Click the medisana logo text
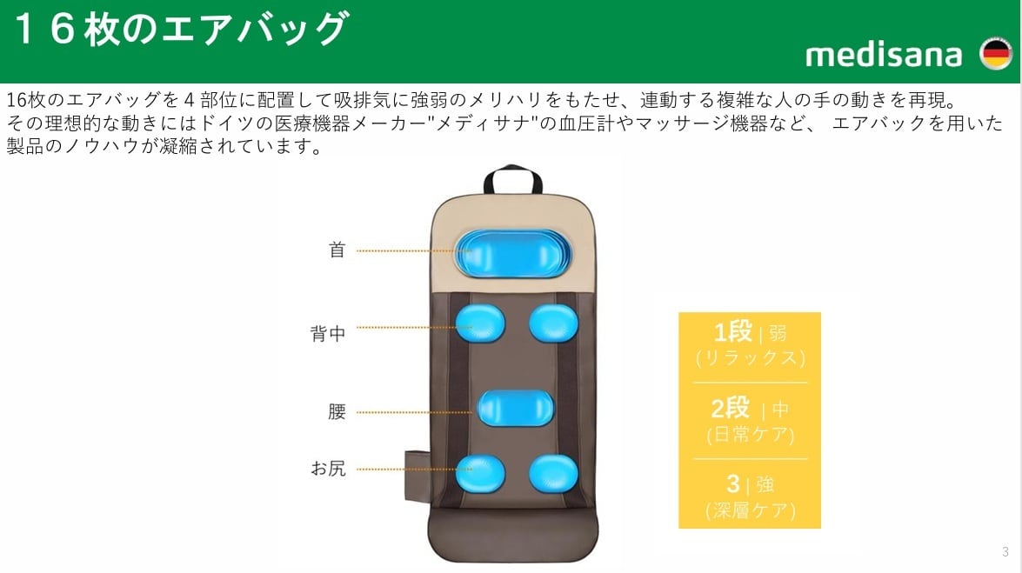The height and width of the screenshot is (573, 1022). click(884, 56)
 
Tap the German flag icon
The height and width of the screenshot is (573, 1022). click(994, 55)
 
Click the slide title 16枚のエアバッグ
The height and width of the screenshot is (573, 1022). click(180, 30)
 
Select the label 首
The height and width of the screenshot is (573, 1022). click(337, 250)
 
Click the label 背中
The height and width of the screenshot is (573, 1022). click(328, 333)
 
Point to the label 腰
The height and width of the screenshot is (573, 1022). click(337, 411)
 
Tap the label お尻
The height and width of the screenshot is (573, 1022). click(328, 469)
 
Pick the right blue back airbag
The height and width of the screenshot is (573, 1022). click(553, 323)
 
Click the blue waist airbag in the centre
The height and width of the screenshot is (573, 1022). click(517, 406)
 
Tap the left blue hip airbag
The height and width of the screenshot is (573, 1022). click(479, 473)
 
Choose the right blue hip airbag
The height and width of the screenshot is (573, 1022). click(553, 473)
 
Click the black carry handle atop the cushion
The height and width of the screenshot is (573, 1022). click(513, 180)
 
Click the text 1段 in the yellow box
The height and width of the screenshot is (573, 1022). click(732, 332)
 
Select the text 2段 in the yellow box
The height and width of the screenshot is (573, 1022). click(731, 408)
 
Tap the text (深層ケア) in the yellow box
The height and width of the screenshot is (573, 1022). click(750, 511)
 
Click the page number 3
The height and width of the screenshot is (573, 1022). click(1005, 551)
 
